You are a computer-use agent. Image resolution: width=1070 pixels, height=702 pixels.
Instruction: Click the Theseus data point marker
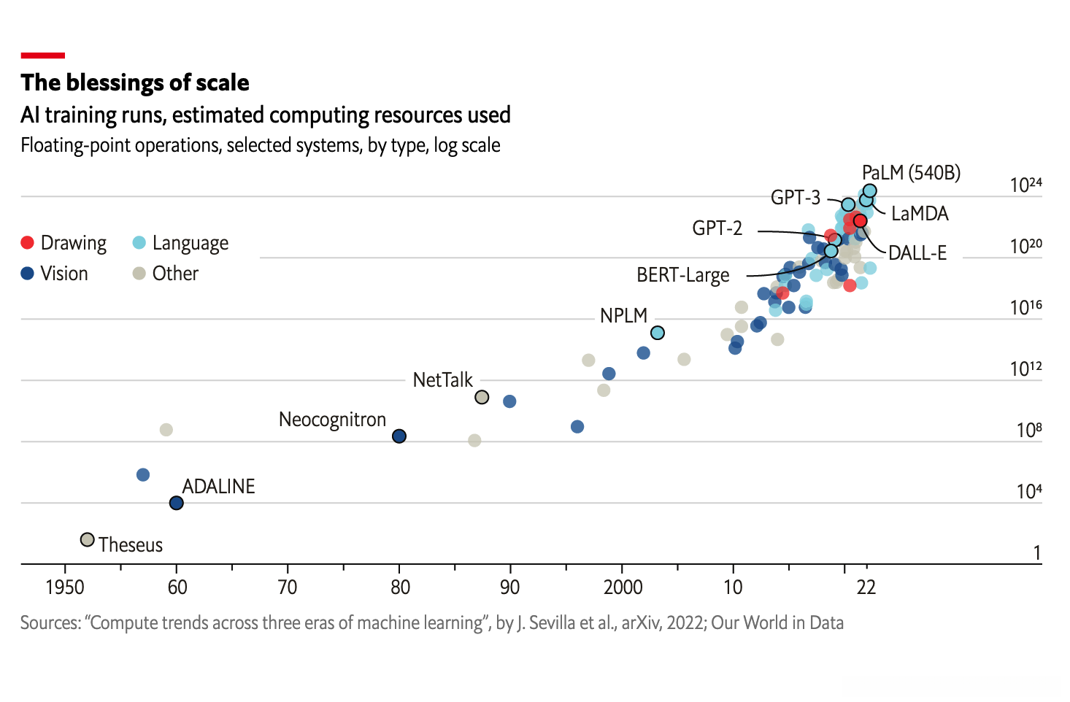(88, 540)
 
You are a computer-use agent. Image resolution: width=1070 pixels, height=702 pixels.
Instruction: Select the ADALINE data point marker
(176, 503)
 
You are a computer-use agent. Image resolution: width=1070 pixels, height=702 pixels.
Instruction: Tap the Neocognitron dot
(399, 436)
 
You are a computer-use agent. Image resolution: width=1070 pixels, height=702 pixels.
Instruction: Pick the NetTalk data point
(482, 397)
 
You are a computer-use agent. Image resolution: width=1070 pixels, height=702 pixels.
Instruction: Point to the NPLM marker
(657, 333)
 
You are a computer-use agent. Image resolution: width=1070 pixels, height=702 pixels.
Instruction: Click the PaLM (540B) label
(911, 173)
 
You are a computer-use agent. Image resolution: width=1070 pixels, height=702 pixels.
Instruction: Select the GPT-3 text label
(795, 198)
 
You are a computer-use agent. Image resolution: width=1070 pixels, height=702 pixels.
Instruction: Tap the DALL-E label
(917, 253)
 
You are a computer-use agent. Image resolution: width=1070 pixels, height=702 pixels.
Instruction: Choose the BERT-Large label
(682, 275)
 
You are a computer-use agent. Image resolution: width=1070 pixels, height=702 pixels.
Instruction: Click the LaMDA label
(920, 214)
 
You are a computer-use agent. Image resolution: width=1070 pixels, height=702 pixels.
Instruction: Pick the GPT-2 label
(717, 228)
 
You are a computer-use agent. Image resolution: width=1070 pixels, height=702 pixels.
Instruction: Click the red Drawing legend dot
(28, 243)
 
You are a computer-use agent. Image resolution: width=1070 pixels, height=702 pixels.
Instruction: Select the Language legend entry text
(190, 243)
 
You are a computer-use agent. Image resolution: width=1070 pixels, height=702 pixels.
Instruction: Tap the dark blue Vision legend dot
(28, 274)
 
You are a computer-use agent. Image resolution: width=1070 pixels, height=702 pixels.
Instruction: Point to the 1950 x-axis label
(65, 587)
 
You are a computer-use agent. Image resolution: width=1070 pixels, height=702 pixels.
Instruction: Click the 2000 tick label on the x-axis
(623, 587)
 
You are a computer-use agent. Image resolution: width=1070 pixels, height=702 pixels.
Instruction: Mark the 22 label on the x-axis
(866, 587)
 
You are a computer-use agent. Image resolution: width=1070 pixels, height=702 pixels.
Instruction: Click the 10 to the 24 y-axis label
(1025, 185)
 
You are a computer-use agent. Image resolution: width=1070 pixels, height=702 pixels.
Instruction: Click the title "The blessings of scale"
(135, 82)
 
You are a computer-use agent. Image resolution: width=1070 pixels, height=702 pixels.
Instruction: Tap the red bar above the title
(43, 55)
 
